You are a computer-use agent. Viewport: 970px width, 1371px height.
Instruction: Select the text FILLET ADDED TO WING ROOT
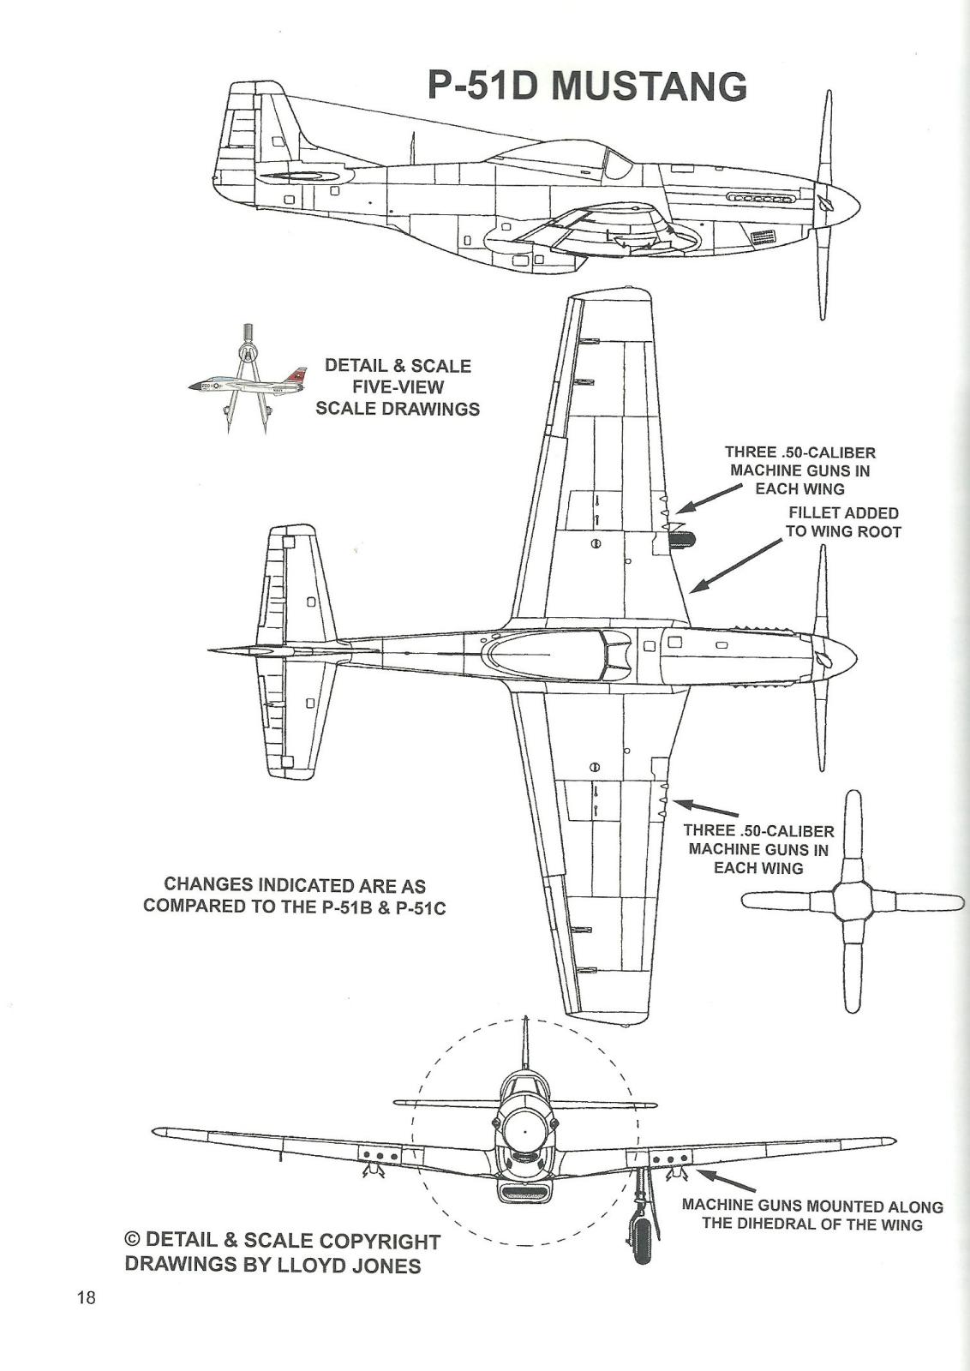843,523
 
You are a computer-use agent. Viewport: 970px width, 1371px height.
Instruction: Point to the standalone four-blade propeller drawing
853,902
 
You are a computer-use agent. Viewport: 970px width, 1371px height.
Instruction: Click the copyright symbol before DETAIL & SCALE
133,1240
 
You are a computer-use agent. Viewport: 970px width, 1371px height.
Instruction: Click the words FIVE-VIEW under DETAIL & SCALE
398,386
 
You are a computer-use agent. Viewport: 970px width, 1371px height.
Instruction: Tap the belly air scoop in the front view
524,1191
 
